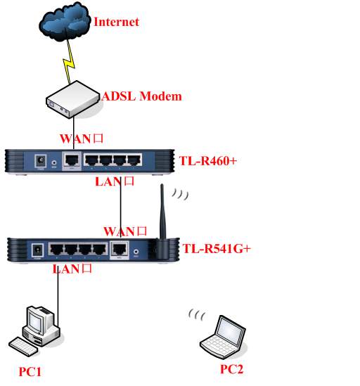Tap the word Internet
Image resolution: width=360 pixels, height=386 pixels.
[x=117, y=22]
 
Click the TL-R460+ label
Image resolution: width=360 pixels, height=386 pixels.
[x=208, y=161]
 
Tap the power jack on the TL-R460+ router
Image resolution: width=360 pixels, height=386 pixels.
[x=41, y=161]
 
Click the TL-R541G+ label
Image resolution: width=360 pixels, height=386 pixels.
[x=217, y=248]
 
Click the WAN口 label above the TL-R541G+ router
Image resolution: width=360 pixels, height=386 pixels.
[x=125, y=231]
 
